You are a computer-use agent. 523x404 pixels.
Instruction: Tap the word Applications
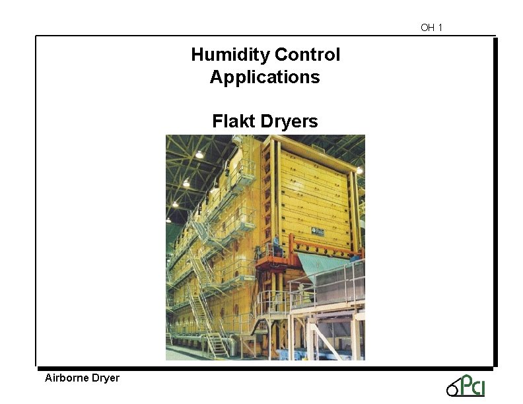265,77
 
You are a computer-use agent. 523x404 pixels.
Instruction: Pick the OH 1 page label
431,28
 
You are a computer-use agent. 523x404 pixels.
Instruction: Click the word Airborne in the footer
65,378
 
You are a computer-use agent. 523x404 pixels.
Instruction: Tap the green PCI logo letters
472,385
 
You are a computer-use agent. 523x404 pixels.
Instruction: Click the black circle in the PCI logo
452,391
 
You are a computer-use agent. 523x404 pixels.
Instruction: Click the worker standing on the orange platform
276,250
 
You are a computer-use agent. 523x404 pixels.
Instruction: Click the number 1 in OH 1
440,28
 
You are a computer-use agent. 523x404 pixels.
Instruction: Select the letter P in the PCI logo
466,384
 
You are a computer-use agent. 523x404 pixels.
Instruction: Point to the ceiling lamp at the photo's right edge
360,170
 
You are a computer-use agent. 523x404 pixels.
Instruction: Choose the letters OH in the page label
427,28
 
